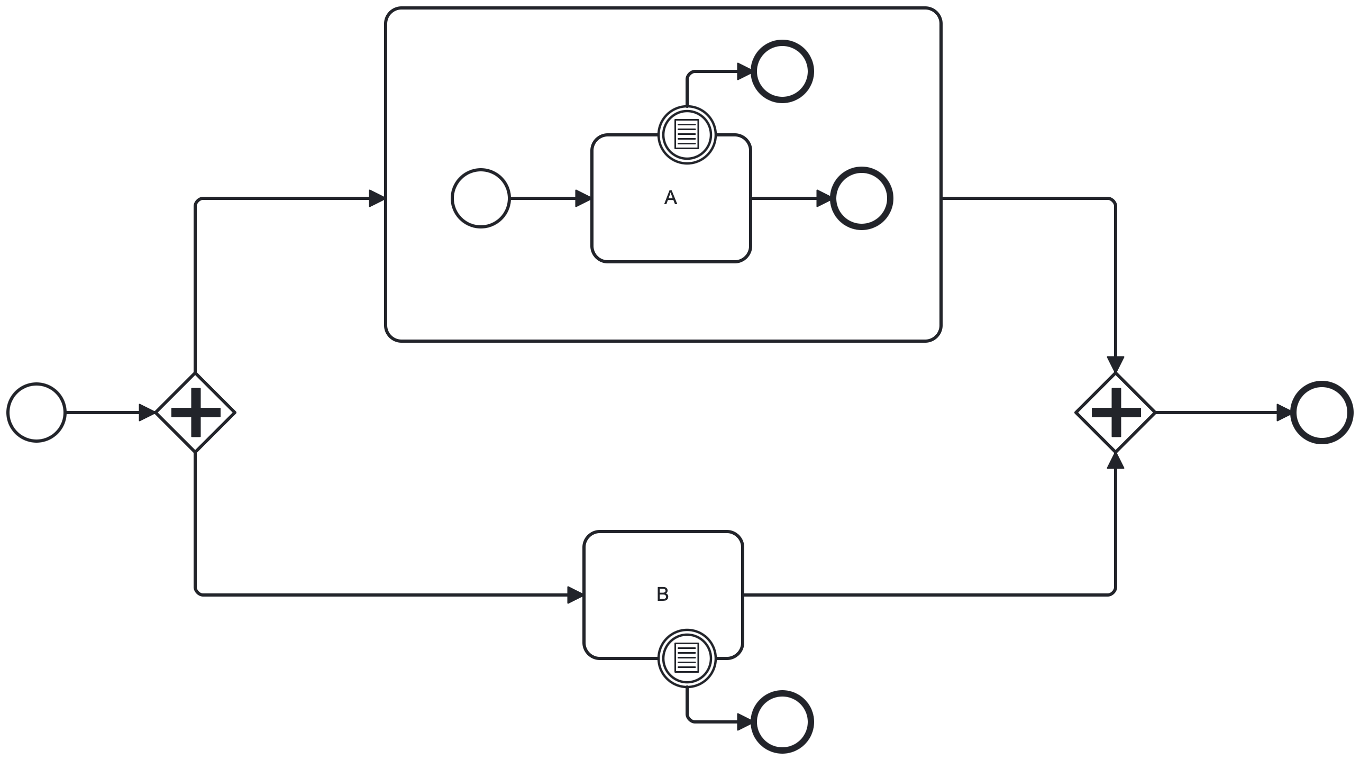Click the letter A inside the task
click(670, 198)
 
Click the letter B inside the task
click(662, 594)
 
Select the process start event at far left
click(36, 413)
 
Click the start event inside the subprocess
click(481, 198)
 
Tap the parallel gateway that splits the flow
click(196, 413)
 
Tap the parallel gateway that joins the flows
click(1116, 413)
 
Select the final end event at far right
click(1322, 413)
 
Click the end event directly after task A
click(862, 198)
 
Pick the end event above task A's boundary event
click(782, 71)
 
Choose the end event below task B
click(782, 722)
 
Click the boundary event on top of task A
click(687, 135)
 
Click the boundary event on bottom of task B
click(687, 658)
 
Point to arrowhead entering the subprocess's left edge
click(377, 198)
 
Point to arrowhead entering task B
click(575, 595)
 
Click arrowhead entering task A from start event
click(583, 198)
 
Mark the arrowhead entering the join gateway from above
click(1116, 365)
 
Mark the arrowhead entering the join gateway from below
click(1116, 461)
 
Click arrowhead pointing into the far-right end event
click(1284, 413)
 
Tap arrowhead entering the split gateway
click(147, 413)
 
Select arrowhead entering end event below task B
click(744, 722)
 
